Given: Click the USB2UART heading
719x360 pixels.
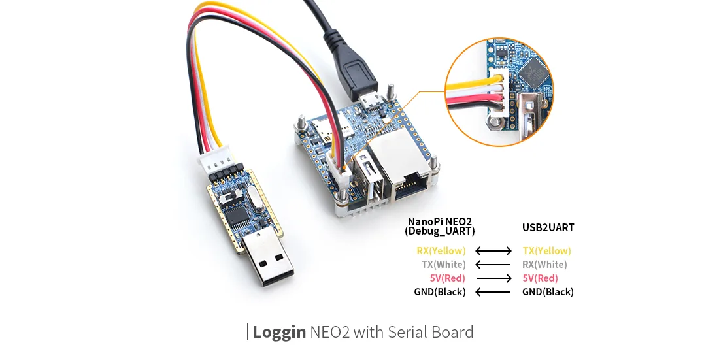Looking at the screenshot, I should point(548,228).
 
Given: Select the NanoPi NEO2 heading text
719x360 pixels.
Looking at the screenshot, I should point(439,221).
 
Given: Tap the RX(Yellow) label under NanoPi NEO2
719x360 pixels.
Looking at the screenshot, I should point(441,251).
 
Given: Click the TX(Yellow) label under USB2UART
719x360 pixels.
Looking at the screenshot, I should point(546,251).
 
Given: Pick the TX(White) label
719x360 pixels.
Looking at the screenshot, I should point(443,265).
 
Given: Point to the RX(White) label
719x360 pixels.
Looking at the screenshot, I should point(544,265).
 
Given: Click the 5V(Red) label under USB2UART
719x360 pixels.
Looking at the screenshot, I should point(540,278).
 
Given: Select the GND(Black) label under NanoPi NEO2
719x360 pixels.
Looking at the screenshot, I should point(439,292).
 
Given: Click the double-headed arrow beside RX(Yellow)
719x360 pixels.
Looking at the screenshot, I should point(493,251).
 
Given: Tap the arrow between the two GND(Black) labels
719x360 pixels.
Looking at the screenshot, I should point(493,292).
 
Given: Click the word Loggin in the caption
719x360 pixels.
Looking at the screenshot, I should point(279,332).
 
